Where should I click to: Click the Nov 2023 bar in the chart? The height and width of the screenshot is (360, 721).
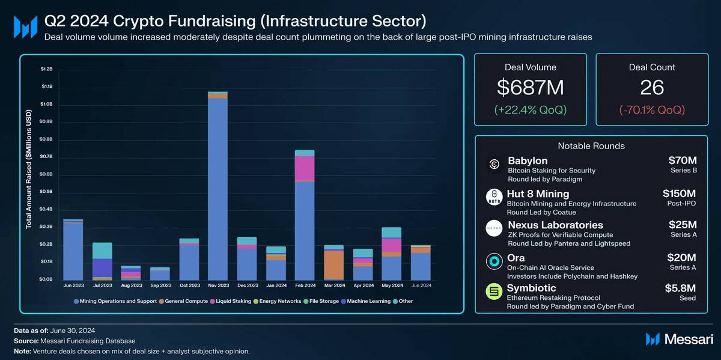coord(218,186)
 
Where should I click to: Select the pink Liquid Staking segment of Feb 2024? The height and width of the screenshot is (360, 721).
coord(305,168)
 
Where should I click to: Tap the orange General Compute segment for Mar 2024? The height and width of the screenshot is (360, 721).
coord(333,265)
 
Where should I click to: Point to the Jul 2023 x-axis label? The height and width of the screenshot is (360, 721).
coord(102,285)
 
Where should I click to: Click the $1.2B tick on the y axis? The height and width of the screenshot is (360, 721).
coord(46,69)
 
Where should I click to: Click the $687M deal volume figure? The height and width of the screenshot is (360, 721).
coord(531,88)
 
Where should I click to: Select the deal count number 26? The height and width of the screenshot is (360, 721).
coord(652,88)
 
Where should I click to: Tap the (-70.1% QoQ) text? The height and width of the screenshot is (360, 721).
coord(652,110)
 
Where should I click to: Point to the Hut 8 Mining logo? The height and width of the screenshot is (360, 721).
coord(494,197)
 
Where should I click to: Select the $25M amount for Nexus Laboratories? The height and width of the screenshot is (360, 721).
coord(683,225)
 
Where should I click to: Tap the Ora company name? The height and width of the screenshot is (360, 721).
coord(516,258)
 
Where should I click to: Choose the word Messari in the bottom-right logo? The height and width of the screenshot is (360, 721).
coord(689,339)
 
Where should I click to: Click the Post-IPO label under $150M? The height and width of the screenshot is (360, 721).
coord(682,204)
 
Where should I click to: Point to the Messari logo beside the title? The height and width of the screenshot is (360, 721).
coord(25,27)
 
